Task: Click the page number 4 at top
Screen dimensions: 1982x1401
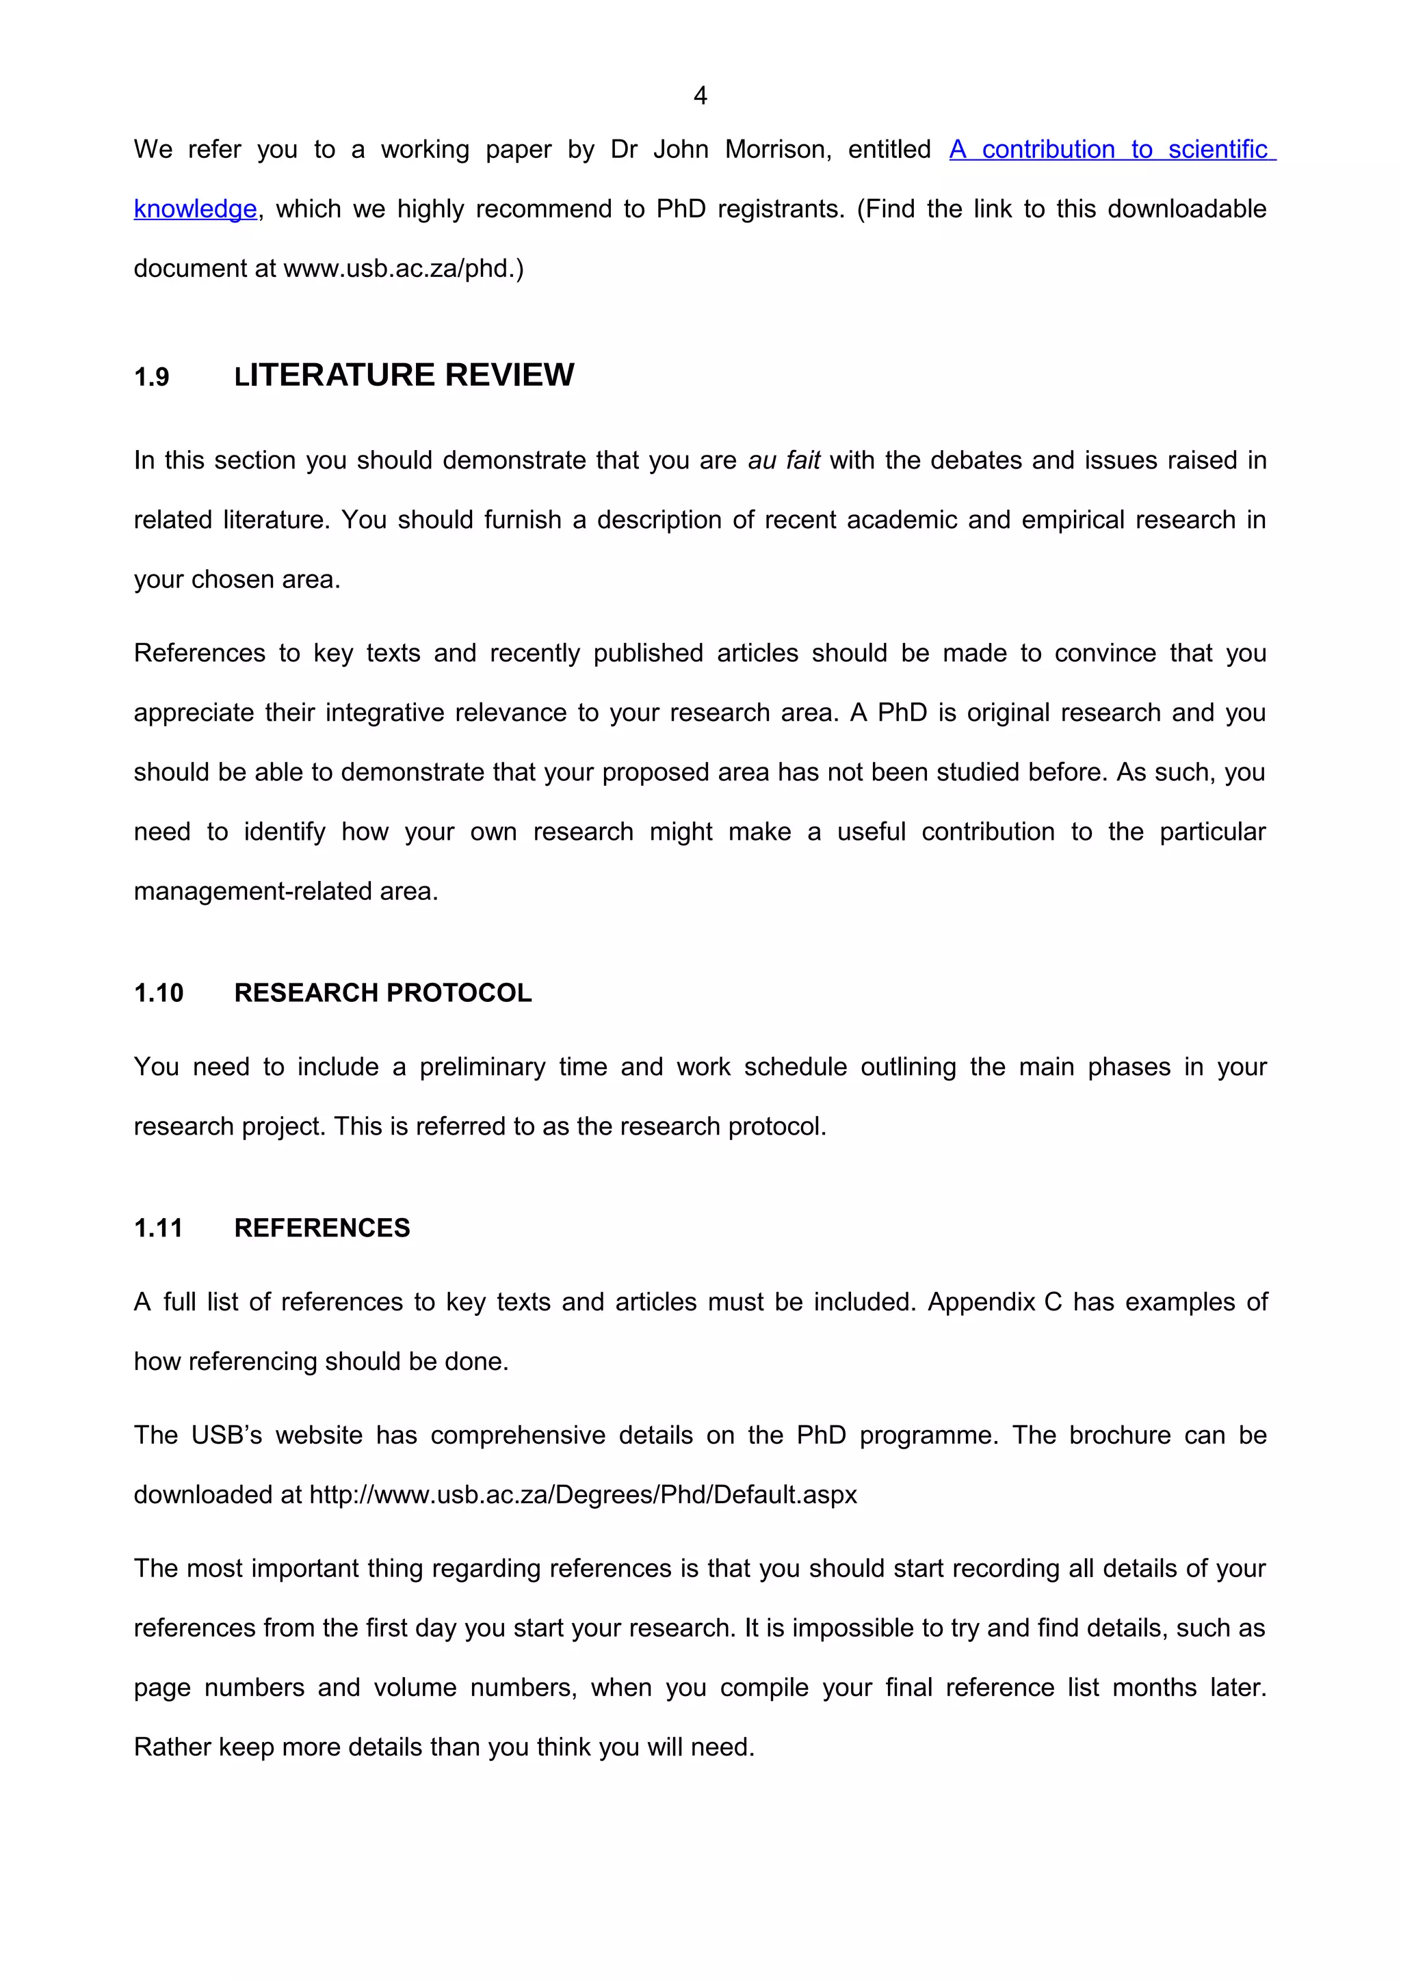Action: click(700, 95)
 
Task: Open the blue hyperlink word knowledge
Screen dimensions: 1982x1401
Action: click(195, 209)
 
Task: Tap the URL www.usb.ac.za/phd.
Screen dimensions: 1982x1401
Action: click(403, 269)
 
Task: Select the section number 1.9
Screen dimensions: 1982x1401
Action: click(152, 378)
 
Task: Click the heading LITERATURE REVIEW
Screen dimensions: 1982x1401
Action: click(404, 375)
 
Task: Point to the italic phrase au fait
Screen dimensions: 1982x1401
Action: click(784, 460)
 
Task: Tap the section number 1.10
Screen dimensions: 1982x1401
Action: click(159, 994)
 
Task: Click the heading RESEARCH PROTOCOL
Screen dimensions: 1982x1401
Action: click(382, 994)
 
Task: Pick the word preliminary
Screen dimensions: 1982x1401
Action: click(482, 1068)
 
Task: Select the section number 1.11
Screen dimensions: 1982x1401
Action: click(158, 1228)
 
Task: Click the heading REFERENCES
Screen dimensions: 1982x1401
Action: click(322, 1228)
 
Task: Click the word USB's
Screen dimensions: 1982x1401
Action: click(226, 1436)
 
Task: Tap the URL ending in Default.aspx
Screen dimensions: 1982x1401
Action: click(584, 1495)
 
